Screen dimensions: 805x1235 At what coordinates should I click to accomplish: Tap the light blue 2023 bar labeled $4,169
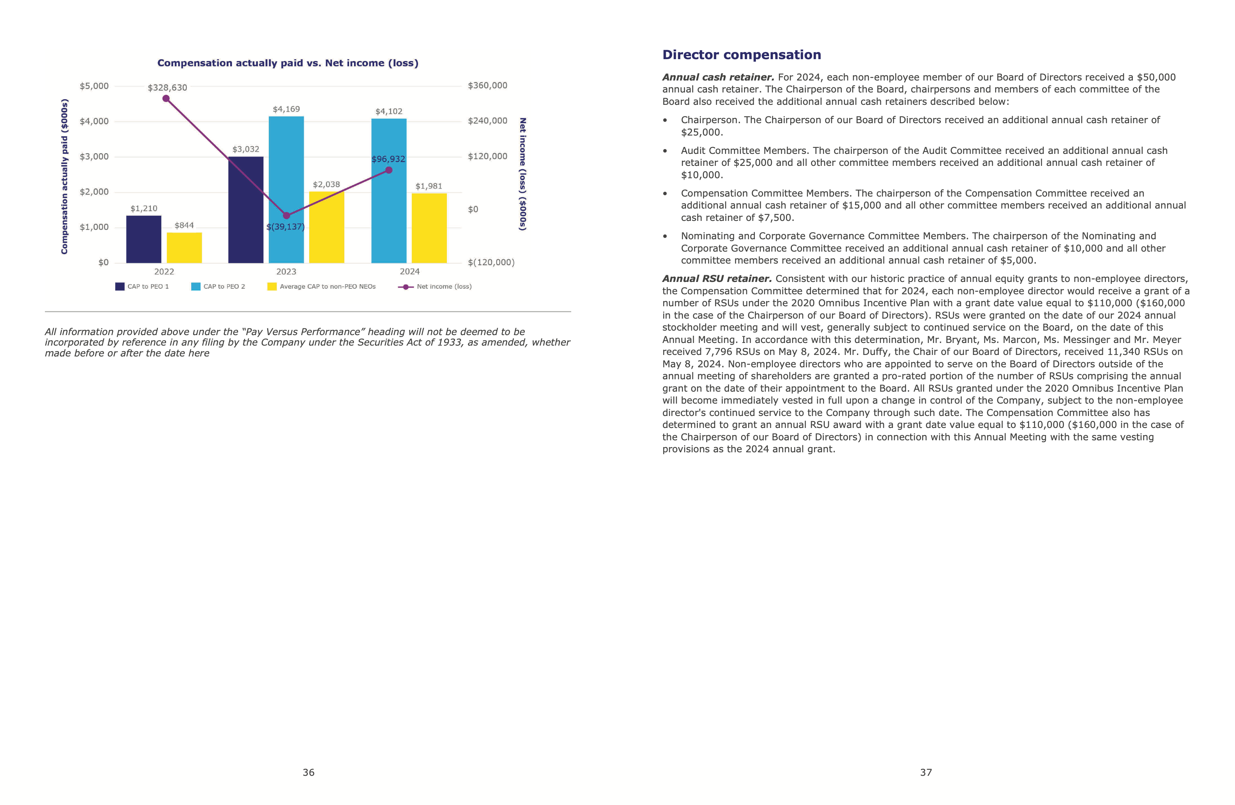coord(286,189)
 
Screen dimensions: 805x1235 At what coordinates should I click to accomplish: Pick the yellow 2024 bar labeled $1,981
coord(429,228)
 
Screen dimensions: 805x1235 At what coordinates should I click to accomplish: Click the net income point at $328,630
coord(166,98)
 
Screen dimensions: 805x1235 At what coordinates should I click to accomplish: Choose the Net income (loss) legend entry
coord(435,286)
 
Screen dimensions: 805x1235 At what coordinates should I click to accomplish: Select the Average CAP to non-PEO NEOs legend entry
coord(322,286)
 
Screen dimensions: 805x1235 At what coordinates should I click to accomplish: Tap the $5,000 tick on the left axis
coord(94,86)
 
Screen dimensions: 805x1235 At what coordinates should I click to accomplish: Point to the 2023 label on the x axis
coord(286,271)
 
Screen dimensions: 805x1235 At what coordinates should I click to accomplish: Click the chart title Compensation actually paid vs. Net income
coord(287,63)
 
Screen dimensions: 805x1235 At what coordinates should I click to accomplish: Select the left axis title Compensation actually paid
coord(64,176)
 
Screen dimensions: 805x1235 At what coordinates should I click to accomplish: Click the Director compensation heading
coord(741,55)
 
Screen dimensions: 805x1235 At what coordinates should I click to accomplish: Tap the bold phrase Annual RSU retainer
coord(717,279)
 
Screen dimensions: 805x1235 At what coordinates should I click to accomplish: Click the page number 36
coord(308,772)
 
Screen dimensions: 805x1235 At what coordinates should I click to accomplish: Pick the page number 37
coord(926,772)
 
